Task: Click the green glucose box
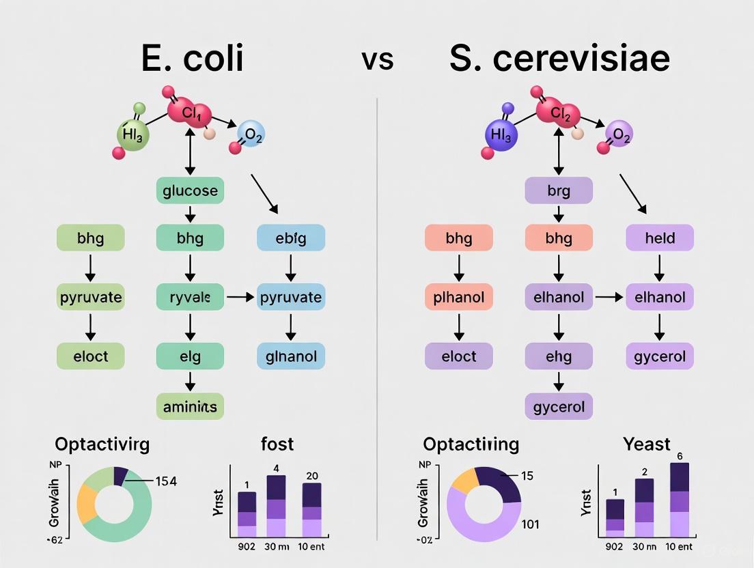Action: point(190,190)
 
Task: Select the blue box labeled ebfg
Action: point(291,238)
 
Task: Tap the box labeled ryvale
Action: point(190,298)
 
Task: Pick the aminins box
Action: point(190,406)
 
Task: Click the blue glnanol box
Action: point(291,356)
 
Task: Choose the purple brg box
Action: point(558,190)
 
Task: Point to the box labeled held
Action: point(660,238)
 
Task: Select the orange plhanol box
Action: point(458,298)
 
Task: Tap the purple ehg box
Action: point(558,356)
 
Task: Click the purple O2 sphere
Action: point(619,134)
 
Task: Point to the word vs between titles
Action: point(377,59)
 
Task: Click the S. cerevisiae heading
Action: point(559,59)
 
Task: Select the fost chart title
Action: point(277,444)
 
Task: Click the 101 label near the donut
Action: point(530,524)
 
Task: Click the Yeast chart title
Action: point(647,444)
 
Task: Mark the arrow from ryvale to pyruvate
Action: point(240,298)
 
